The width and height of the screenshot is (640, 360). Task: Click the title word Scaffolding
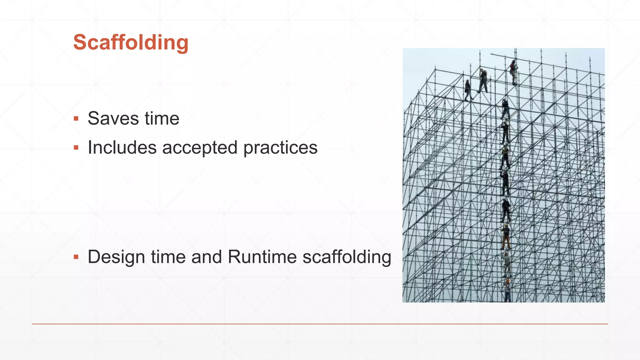(x=131, y=42)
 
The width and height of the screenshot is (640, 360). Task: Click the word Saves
(x=113, y=118)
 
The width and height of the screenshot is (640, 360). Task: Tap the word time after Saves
(x=162, y=118)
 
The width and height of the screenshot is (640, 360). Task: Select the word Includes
(x=122, y=147)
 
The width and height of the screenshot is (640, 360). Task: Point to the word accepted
(x=200, y=147)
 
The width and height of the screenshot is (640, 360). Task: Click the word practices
(x=280, y=147)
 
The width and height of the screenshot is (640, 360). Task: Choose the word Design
(x=116, y=257)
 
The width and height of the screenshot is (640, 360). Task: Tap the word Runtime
(x=262, y=257)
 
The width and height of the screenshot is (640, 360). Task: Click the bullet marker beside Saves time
(x=76, y=119)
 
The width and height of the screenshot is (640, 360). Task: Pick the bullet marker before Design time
(x=76, y=257)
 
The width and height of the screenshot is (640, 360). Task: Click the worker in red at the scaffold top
(x=513, y=72)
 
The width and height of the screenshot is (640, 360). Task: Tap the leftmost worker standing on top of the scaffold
(x=468, y=90)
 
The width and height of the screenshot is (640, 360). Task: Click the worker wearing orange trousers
(x=506, y=237)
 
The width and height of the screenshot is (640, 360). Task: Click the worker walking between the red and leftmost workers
(x=483, y=81)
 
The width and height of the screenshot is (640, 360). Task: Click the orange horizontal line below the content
(x=320, y=324)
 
